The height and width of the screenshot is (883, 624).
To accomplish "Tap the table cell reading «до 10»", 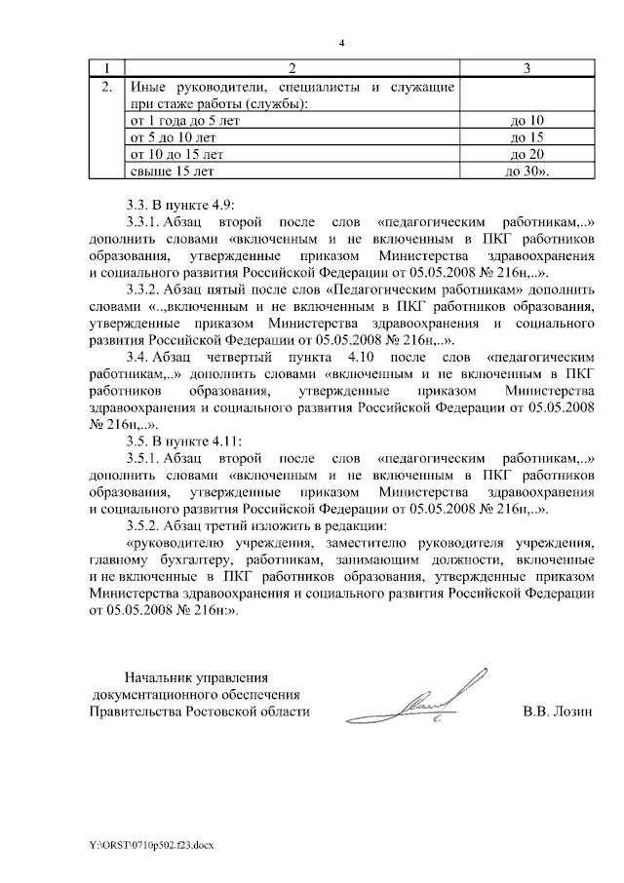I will click(x=526, y=120).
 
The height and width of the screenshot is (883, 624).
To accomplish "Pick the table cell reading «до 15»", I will click(x=526, y=136).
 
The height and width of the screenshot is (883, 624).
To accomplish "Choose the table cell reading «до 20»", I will click(x=526, y=154).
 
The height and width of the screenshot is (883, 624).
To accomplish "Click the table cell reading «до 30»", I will click(x=526, y=171).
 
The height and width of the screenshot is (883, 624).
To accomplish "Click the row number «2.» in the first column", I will click(x=108, y=87).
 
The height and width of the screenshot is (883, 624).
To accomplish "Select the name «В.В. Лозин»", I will click(x=557, y=712).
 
